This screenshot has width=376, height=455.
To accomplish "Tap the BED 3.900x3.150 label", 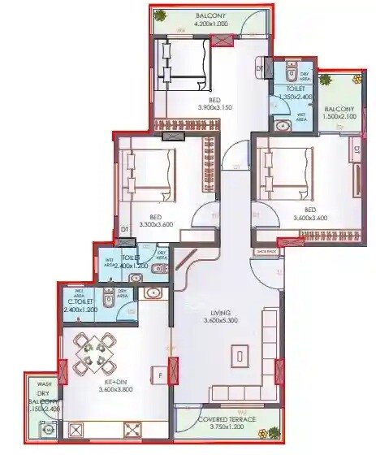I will click(215, 104).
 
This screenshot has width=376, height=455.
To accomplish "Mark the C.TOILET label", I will click(80, 306).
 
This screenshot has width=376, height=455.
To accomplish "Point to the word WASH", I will click(44, 384).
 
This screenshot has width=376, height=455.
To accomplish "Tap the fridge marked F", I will click(160, 375).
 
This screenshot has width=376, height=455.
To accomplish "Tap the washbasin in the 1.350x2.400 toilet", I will click(282, 125).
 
